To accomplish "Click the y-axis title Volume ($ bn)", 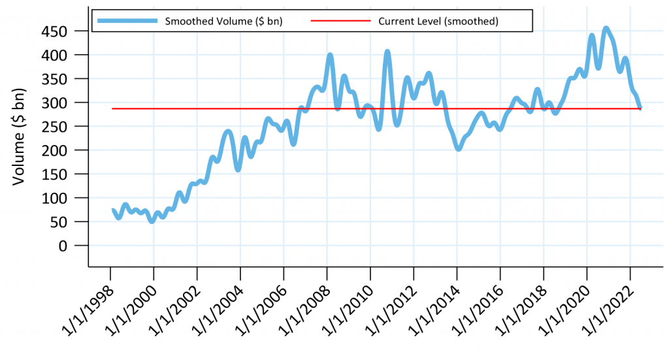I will click(x=20, y=135).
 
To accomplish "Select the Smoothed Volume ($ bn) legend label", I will click(x=223, y=21).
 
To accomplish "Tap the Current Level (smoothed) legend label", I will click(x=438, y=21).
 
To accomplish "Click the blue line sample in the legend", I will click(x=127, y=21).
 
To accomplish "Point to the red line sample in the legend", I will click(x=340, y=21).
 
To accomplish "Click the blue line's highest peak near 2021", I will click(x=606, y=28).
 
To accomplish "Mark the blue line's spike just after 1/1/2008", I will click(x=330, y=55).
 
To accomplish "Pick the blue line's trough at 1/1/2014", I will click(x=458, y=149).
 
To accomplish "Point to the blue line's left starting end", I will click(x=113, y=210).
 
